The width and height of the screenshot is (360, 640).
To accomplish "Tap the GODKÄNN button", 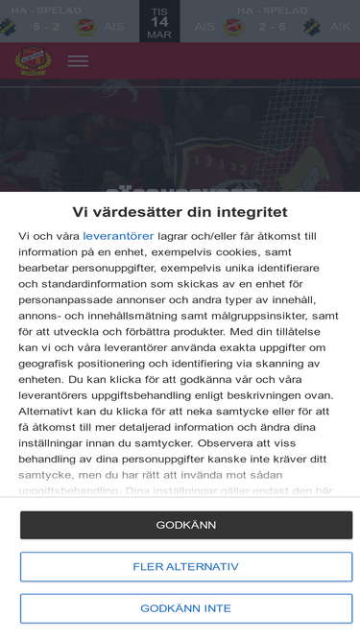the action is point(186,525).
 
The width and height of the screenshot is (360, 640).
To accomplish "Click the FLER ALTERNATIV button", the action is point(186,567).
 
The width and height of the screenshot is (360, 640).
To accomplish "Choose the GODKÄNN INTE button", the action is point(186,608).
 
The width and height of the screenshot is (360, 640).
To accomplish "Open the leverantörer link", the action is point(118,235).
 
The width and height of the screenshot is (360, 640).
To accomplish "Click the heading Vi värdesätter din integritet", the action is point(180,211).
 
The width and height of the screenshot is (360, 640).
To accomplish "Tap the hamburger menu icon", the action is point(78,60).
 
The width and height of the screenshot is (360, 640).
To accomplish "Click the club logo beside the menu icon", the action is point(33,60).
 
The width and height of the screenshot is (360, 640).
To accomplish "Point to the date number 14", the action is point(158,21).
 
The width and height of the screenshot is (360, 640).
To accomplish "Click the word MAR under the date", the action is point(158,35).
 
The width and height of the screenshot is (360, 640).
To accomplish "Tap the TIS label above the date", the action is point(158,10).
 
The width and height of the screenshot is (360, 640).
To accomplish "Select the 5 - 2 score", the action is point(46,27).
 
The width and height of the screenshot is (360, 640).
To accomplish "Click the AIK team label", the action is point(340,27).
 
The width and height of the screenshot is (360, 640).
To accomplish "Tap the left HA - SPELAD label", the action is point(46,10).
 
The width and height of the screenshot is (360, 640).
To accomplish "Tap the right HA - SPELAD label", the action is point(272,10).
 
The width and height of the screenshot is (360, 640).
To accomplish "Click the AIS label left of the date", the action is point(114,27).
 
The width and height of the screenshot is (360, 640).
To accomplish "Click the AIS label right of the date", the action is point(204,27).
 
